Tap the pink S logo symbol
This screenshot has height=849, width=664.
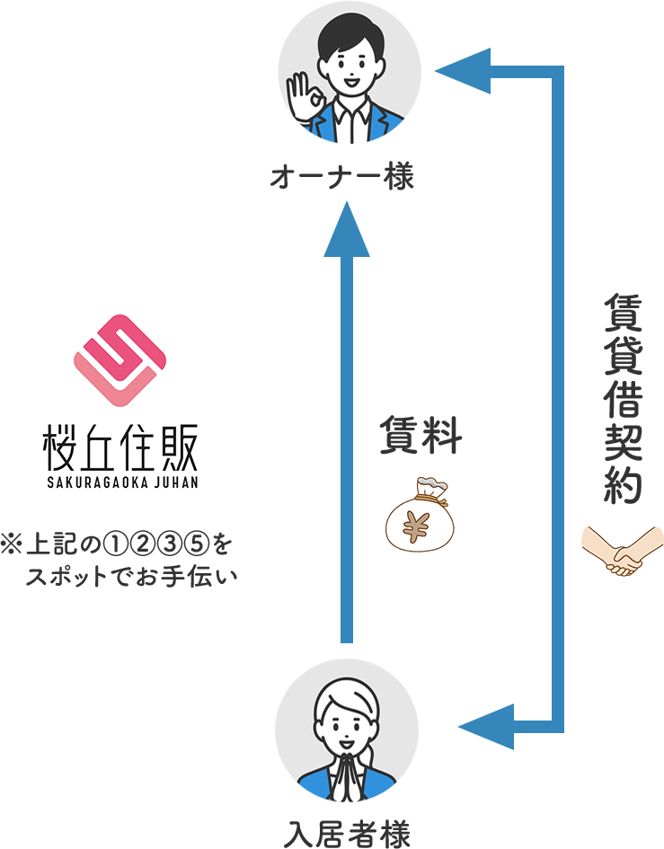(120, 359)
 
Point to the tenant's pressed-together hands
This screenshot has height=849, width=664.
(347, 773)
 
